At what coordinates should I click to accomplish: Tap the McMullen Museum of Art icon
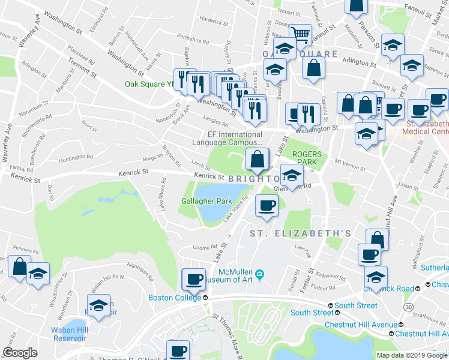[259, 275]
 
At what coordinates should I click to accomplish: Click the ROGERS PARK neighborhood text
[307, 158]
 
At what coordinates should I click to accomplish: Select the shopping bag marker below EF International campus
[256, 160]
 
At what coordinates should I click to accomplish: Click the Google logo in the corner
[20, 352]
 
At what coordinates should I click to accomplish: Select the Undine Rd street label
[204, 247]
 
